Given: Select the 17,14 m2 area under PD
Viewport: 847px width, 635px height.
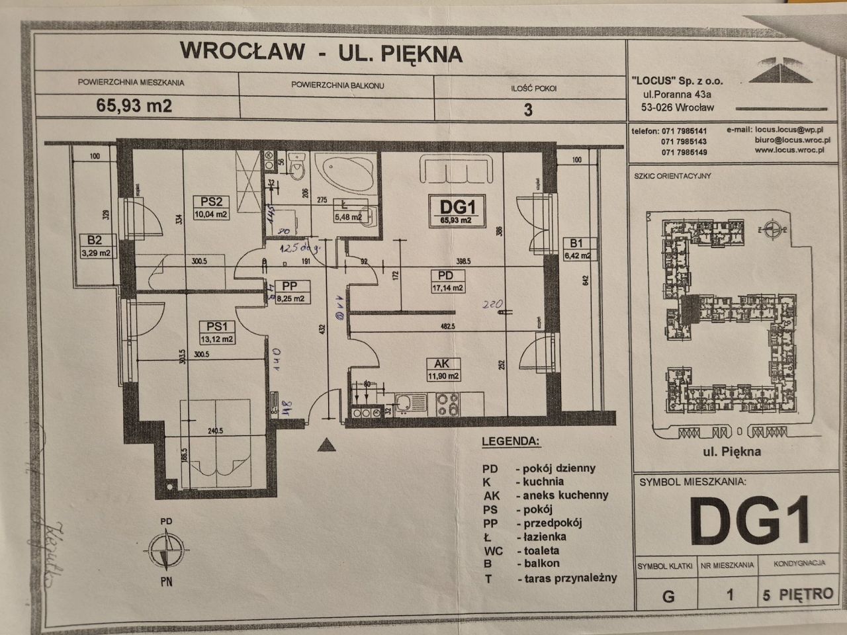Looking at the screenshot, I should (x=447, y=287).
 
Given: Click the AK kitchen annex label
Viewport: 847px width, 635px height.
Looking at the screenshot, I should (x=442, y=363).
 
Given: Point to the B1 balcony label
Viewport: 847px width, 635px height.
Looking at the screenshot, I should (x=575, y=242).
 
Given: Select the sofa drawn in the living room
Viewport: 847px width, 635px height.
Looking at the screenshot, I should (x=456, y=170).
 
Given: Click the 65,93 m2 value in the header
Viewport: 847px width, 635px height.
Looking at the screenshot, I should (x=134, y=106).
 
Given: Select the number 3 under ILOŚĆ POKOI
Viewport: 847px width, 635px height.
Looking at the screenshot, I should (x=527, y=109).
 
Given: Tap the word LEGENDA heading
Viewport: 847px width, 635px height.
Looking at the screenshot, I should (x=510, y=441).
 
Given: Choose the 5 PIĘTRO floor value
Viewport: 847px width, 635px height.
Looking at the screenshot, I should (x=797, y=593).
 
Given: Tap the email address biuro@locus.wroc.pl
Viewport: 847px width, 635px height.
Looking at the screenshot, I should (x=792, y=140).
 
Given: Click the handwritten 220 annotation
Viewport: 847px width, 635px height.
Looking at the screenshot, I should (x=493, y=306).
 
